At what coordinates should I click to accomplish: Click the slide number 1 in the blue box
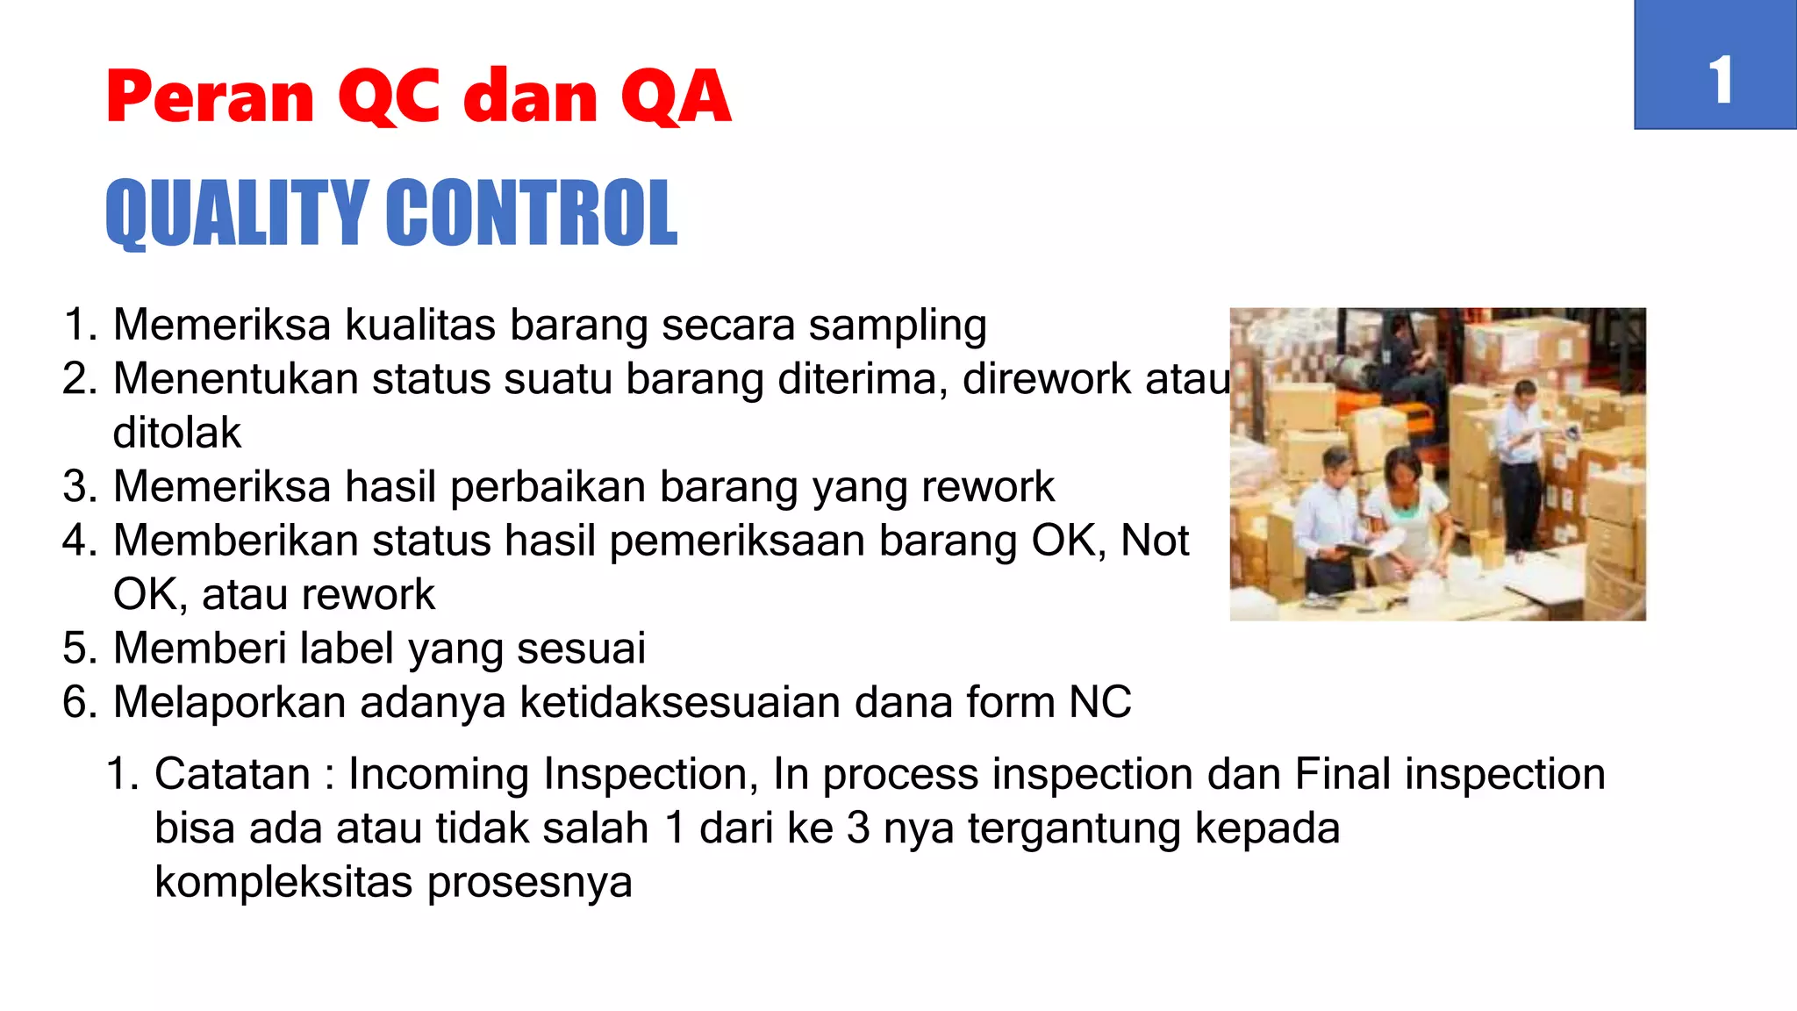[x=1720, y=81]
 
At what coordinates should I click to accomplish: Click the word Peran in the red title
[x=209, y=97]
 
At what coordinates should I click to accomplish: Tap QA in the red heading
[x=675, y=97]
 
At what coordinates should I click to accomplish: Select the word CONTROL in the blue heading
[x=531, y=213]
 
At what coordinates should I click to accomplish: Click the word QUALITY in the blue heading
[x=235, y=213]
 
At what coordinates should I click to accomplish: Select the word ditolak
[x=176, y=434]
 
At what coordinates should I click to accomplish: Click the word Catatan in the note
[x=232, y=775]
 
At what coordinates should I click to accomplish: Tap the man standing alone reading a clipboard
[x=1521, y=456]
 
